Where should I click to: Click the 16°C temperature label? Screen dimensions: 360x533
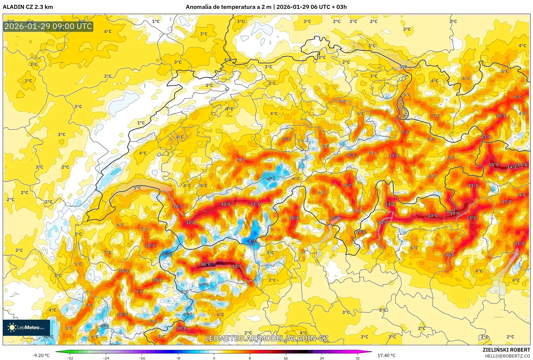pos(206,264)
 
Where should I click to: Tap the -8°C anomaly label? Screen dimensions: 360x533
pos(252,241)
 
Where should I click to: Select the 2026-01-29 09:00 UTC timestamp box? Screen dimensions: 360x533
pos(48,26)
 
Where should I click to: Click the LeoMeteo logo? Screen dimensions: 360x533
pos(26,327)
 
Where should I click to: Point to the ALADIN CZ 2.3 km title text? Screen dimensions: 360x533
pos(28,7)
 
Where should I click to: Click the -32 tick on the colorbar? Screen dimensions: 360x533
pos(70,358)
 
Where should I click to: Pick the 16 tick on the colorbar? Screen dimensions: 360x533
pos(286,358)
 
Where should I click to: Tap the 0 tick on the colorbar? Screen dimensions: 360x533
pos(214,358)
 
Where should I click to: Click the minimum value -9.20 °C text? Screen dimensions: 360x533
pos(41,355)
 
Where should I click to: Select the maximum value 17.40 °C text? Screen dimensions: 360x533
pos(386,355)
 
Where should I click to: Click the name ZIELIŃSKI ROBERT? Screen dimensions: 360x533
pos(506,350)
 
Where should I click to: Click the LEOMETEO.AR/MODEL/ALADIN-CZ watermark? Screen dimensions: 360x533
pos(266,338)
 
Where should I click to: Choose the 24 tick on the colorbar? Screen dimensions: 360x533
pos(322,358)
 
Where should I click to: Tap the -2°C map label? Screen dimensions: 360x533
pos(184,292)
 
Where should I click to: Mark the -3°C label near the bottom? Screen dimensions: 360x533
pos(187,315)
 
